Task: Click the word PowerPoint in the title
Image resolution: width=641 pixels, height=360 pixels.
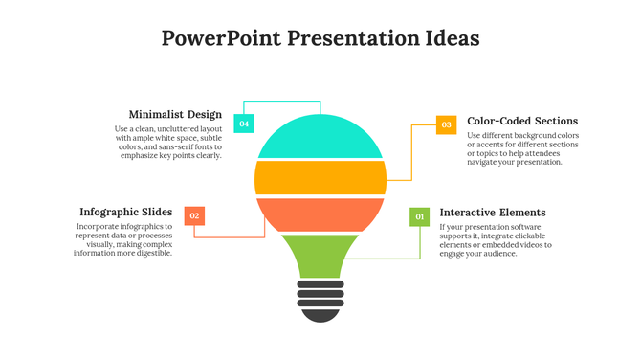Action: tap(221, 38)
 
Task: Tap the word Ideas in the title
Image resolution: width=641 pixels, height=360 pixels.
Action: tap(450, 38)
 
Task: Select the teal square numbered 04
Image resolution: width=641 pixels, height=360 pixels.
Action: tap(244, 124)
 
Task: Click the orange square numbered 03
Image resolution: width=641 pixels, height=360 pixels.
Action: tap(447, 124)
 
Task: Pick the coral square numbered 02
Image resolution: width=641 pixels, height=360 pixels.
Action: tap(194, 216)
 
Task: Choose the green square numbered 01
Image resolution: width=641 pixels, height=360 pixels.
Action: tap(419, 217)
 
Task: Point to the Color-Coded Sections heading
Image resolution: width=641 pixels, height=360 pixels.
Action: tap(522, 122)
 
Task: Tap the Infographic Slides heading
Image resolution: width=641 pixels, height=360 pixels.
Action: tap(125, 212)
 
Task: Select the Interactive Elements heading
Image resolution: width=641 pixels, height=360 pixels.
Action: tap(493, 213)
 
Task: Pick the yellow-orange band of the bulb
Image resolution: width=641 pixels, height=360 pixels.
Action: tap(320, 177)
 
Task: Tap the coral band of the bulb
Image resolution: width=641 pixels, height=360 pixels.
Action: tap(320, 214)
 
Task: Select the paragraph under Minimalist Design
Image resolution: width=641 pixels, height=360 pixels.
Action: tap(168, 142)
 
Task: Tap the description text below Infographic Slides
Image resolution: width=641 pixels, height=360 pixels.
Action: tap(123, 240)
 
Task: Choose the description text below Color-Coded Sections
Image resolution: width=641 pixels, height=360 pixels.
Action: tap(522, 148)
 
